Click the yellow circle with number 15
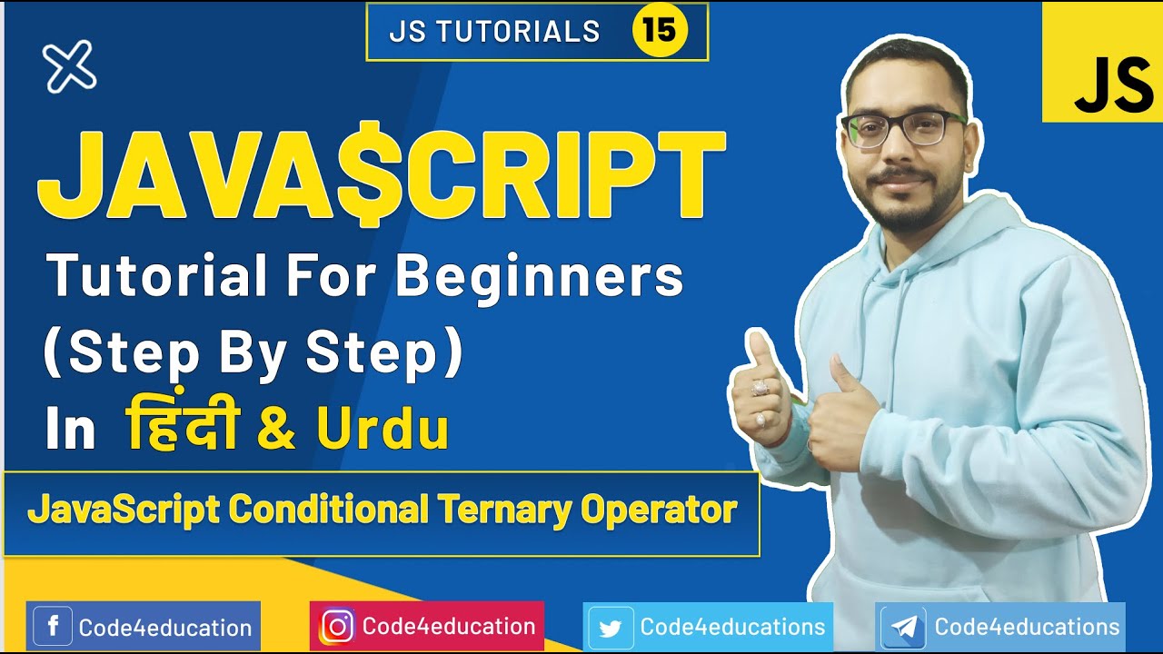tap(660, 31)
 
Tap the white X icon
tap(69, 66)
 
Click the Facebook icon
tap(53, 627)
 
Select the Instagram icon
tap(337, 627)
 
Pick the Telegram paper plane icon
tap(904, 628)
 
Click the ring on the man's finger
tap(760, 388)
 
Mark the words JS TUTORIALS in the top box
tap(494, 32)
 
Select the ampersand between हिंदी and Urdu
tap(276, 431)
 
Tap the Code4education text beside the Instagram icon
tap(449, 627)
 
